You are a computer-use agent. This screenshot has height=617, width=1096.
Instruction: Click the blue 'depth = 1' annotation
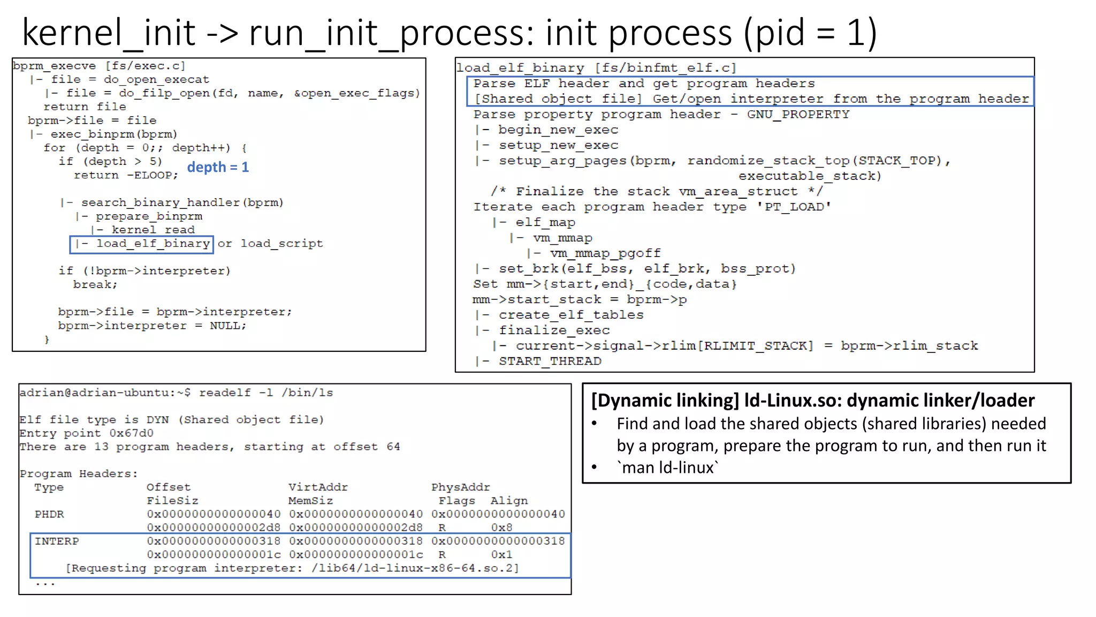(218, 167)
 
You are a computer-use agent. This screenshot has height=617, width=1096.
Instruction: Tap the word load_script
(281, 244)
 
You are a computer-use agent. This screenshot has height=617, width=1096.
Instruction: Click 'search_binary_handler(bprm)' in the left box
(182, 202)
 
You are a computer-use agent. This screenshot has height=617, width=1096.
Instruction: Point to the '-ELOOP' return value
(152, 175)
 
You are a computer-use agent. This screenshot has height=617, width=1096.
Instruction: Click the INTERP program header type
(57, 541)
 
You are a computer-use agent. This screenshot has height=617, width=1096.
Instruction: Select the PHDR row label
(49, 514)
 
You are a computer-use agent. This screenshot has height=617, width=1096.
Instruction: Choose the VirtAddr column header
(318, 487)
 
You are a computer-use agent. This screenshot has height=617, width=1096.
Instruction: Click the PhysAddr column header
(460, 487)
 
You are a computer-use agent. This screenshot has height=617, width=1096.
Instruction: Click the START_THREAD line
(550, 361)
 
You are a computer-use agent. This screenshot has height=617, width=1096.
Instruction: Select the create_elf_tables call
(570, 315)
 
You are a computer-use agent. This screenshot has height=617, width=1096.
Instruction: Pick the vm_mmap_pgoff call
(605, 253)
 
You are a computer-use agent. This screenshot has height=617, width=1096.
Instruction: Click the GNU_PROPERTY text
(798, 114)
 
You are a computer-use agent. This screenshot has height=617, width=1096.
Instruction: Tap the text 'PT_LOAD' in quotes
(794, 207)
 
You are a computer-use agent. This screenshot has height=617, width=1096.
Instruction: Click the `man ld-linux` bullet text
(667, 468)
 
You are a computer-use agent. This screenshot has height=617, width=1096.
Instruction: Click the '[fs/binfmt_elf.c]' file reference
(666, 68)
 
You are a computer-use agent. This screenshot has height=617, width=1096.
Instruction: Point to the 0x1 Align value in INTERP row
(501, 554)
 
